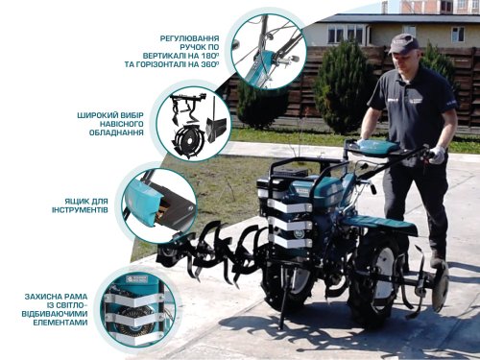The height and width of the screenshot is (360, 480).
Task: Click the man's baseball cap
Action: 404,42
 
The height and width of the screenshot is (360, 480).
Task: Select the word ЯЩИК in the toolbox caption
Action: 74,201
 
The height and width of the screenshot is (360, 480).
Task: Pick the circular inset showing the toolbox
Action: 158,204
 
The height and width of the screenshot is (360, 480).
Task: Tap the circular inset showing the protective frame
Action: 138,306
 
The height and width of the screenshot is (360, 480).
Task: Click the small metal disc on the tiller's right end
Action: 440,287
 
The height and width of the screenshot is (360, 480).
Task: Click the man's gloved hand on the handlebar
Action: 438,155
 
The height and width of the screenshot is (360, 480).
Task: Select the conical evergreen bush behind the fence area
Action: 342,88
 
